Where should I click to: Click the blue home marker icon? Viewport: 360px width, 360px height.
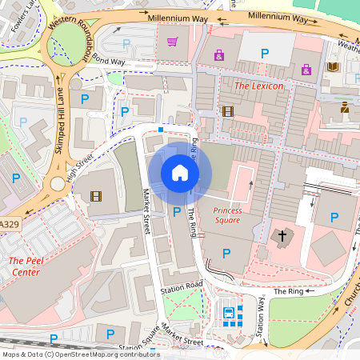pos(180,173)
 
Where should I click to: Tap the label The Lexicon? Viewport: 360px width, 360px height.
pos(258,84)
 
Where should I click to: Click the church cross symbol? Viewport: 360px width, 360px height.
pos(281,236)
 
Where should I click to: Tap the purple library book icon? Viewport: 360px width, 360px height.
pos(333,67)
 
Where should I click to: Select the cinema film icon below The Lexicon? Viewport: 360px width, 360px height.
pos(228,111)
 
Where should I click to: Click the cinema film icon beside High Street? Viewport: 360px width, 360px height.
pos(96,195)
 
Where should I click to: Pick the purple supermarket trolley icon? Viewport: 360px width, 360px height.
pos(171,42)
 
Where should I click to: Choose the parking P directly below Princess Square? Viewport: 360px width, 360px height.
pos(226,253)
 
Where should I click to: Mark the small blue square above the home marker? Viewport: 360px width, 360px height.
pos(161,129)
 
